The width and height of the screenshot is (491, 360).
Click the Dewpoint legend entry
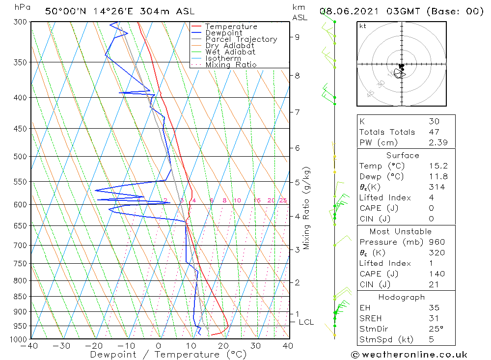point(223,33)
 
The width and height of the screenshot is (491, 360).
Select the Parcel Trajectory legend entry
point(241,39)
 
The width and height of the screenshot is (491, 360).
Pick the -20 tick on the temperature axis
point(93,346)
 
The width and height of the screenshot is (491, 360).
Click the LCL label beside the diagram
point(306,322)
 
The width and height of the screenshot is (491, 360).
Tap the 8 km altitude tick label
point(298,76)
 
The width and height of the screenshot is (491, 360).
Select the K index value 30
point(434,121)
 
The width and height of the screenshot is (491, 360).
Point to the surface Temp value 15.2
point(438,166)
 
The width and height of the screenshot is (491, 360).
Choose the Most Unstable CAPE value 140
point(436,274)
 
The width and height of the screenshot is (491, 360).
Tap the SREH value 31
point(434,318)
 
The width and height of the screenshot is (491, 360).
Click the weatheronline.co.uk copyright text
point(409,355)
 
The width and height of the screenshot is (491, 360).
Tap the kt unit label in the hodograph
point(362,26)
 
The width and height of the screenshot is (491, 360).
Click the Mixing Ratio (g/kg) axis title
point(306,208)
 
